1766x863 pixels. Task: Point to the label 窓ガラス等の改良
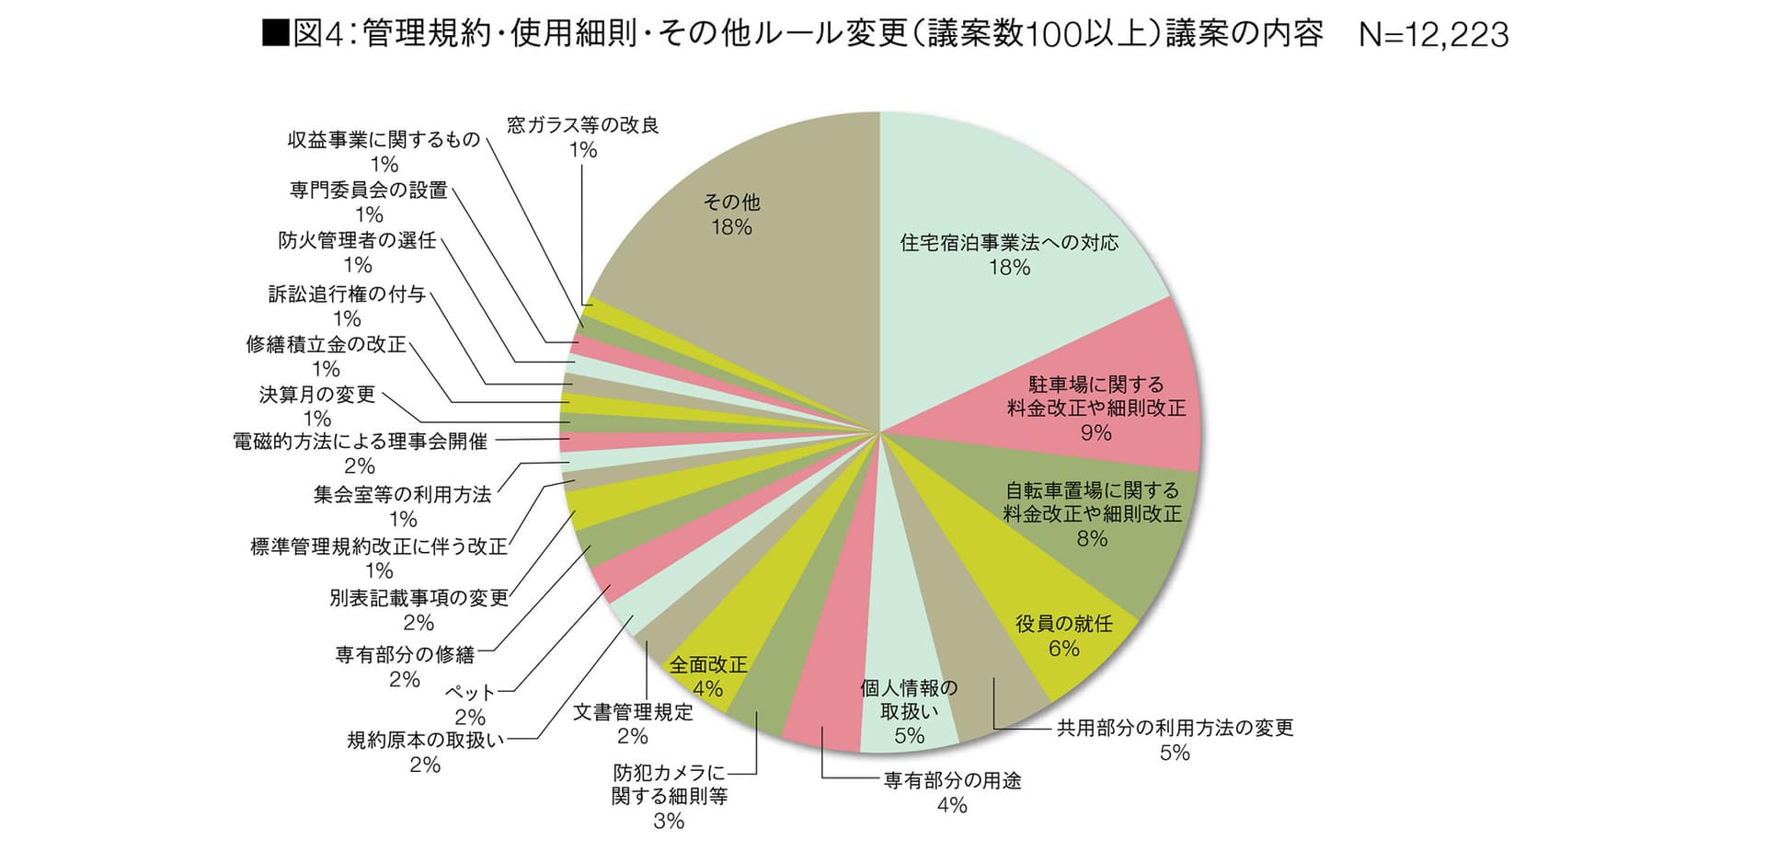click(x=583, y=125)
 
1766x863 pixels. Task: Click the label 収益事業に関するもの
click(x=384, y=139)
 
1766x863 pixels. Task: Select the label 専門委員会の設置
click(x=369, y=190)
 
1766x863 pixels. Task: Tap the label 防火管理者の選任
click(x=357, y=240)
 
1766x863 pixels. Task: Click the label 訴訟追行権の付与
click(x=347, y=294)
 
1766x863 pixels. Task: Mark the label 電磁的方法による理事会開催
click(x=360, y=442)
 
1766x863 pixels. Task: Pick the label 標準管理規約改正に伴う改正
click(x=379, y=547)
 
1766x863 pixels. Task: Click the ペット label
click(x=470, y=692)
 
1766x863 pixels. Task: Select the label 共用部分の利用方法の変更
click(x=1175, y=728)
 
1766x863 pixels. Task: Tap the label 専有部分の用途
click(x=952, y=781)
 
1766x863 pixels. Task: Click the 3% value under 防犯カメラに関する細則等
click(x=669, y=822)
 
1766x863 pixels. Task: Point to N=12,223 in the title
click(x=1433, y=35)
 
